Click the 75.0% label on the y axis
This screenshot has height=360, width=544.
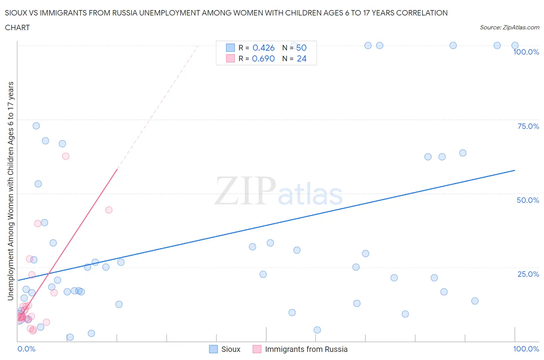pos(528,126)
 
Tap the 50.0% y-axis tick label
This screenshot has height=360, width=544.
pos(528,200)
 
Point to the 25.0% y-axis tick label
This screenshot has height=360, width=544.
pos(528,274)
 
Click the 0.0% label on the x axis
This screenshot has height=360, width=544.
pos(26,349)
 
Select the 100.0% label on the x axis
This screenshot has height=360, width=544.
pos(526,349)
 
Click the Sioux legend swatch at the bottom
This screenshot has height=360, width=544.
pos(213,349)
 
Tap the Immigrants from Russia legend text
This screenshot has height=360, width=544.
pos(306,349)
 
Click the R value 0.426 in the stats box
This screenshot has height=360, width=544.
pos(263,48)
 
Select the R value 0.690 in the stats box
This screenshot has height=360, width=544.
pos(263,58)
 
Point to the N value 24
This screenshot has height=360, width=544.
pos(301,58)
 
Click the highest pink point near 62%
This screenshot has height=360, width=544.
pos(66,156)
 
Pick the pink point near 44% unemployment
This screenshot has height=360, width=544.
pos(109,210)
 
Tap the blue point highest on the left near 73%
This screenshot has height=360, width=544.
pos(36,126)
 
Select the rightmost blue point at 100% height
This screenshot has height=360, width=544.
pos(515,46)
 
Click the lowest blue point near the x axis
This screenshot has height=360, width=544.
pos(70,337)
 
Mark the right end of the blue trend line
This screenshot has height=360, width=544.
pos(515,170)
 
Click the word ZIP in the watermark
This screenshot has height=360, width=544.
pos(245,190)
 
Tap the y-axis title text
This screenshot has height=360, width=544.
pos(10,191)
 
